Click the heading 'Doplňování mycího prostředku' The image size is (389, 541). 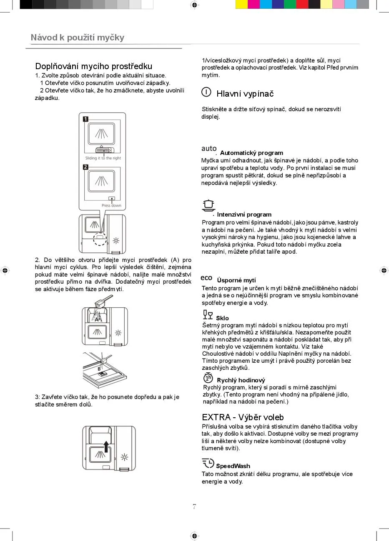93,66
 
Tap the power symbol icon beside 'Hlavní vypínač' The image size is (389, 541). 206,92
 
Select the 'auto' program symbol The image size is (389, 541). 209,149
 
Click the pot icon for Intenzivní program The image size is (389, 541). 208,205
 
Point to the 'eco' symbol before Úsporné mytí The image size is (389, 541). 206,278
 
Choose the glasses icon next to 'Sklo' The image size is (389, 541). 208,314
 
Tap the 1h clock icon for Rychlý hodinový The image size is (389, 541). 208,378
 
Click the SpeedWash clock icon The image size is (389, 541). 208,463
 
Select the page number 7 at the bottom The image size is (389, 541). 194,507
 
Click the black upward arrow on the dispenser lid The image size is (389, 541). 106,446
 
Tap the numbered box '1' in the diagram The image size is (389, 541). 85,119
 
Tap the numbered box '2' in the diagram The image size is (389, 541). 85,167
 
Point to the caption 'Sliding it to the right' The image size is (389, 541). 103,158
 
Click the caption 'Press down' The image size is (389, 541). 111,205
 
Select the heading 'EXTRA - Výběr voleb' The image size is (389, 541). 243,417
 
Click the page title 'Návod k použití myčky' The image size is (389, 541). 78,37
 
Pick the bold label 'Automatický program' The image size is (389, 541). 251,153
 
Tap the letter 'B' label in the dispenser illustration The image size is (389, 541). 99,369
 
